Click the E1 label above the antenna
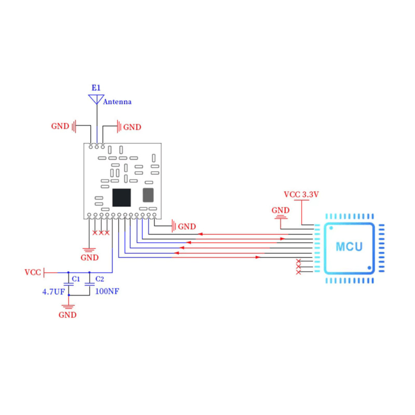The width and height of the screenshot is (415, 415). (x=96, y=89)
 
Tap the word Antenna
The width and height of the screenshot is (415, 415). (x=117, y=102)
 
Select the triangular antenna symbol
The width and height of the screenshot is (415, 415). (x=96, y=99)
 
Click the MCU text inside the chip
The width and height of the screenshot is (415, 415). (x=349, y=246)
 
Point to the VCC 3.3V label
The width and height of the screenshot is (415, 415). (x=301, y=195)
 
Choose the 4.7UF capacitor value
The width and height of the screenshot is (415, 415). (x=53, y=292)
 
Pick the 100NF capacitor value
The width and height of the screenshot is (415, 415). (x=107, y=292)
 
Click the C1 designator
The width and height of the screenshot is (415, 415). (x=76, y=279)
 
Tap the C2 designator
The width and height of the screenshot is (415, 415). (x=100, y=279)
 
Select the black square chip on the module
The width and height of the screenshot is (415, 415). (x=122, y=196)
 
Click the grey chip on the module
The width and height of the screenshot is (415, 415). (x=148, y=195)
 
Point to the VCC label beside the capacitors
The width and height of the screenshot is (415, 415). (x=33, y=272)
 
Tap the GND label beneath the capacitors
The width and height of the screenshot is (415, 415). (x=67, y=315)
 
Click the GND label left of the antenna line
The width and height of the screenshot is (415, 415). (x=60, y=126)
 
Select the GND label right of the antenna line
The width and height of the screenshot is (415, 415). (x=132, y=127)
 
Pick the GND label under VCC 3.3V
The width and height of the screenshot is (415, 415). (x=281, y=210)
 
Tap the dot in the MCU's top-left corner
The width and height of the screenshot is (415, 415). (x=330, y=227)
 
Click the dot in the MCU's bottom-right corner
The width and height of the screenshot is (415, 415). (x=369, y=268)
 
